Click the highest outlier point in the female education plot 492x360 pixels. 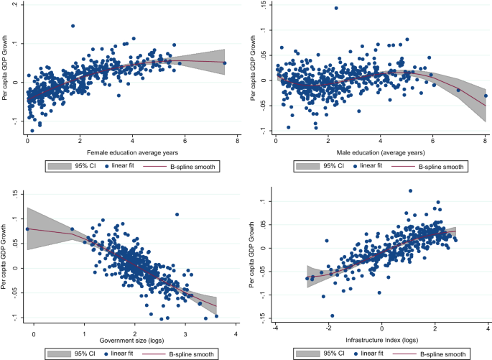pyautogui.click(x=73, y=26)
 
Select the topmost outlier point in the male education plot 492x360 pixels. pyautogui.click(x=336, y=9)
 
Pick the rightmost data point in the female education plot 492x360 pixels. pyautogui.click(x=225, y=63)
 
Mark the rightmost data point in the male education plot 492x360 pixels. pyautogui.click(x=486, y=96)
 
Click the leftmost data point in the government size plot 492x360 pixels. pyautogui.click(x=28, y=229)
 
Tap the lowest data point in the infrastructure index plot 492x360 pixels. pyautogui.click(x=333, y=315)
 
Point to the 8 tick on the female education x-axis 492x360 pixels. pyautogui.click(x=237, y=142)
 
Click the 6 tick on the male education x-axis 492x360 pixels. pyautogui.click(x=433, y=142)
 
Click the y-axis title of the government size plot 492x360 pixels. pyautogui.click(x=6, y=257)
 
